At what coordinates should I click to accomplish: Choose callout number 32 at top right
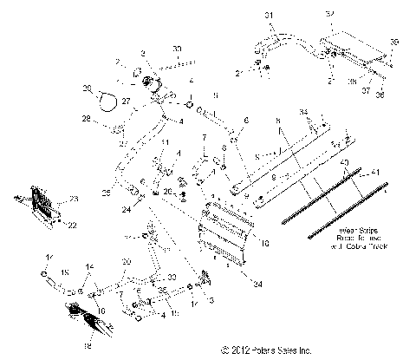(x=329, y=14)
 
